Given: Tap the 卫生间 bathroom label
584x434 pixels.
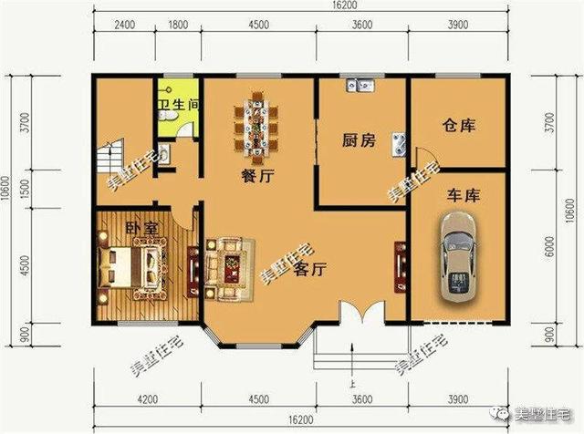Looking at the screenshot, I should point(179,106).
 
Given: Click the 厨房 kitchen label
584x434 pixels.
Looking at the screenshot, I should point(359,140).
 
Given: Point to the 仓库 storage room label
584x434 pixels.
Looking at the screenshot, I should point(459,125).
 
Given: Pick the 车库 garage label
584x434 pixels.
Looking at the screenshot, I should point(464,195).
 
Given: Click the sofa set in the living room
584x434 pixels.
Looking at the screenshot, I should point(224,264).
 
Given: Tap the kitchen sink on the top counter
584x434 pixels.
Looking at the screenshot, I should point(357,88).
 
